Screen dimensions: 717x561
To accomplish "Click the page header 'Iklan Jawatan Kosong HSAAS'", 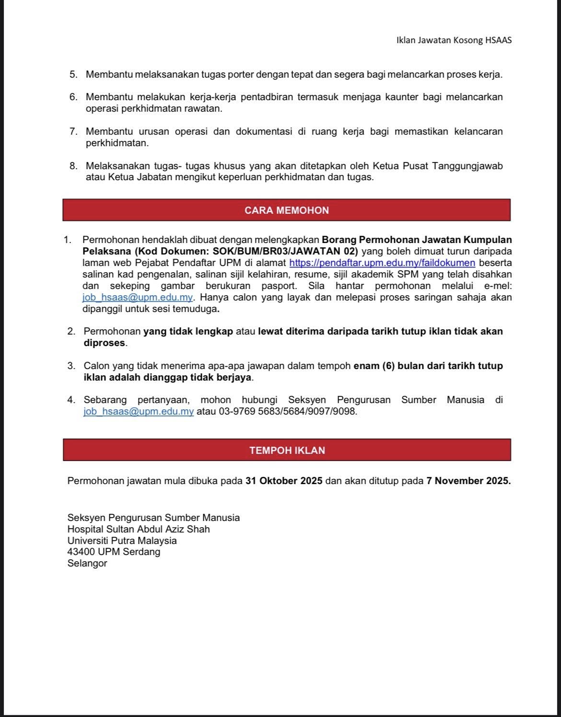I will tap(454, 40).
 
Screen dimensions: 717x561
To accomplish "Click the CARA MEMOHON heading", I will tap(287, 210).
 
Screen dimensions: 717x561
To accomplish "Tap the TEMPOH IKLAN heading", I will tap(287, 451).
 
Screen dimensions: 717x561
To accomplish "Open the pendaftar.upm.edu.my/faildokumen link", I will tap(382, 263).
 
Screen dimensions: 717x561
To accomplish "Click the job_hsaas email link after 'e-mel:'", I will tap(138, 297).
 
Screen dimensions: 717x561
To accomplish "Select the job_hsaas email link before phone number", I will tap(139, 412).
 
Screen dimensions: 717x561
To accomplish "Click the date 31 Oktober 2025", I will tap(284, 481).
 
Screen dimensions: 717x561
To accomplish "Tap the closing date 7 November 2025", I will tap(468, 481).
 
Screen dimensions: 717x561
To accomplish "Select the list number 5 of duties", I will tap(73, 75).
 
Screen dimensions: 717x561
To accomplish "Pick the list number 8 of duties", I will tap(73, 166).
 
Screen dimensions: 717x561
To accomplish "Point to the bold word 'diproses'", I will tap(104, 343).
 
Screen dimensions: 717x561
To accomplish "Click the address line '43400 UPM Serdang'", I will tap(114, 552).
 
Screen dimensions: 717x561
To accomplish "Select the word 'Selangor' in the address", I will tap(87, 563).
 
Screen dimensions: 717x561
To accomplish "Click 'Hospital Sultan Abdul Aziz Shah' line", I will tap(139, 529).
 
